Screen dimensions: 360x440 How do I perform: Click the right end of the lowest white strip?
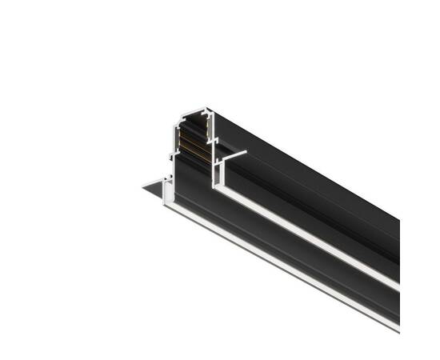tap(398, 329)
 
